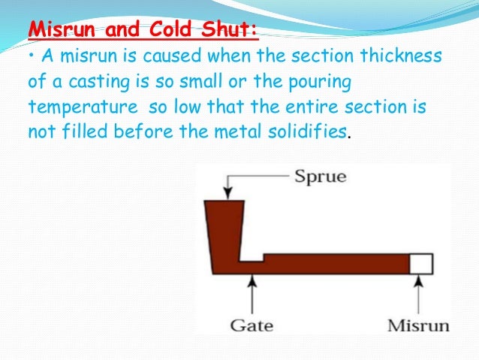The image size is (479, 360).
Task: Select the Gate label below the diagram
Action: point(252,325)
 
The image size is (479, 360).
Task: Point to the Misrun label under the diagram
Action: point(418,325)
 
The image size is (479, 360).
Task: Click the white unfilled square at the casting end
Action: point(420,264)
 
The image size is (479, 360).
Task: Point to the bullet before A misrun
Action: point(31,57)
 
